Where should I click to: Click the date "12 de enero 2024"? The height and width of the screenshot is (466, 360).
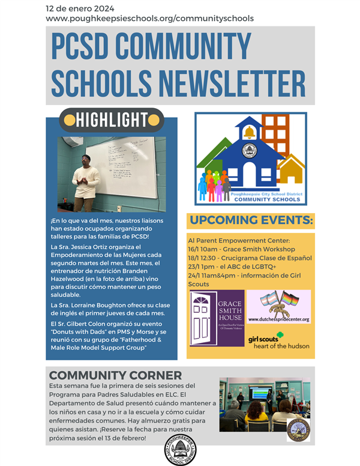pyautogui.click(x=80, y=8)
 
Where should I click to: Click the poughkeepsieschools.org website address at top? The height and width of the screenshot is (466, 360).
pyautogui.click(x=149, y=19)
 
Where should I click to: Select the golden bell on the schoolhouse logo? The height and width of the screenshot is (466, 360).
pyautogui.click(x=248, y=131)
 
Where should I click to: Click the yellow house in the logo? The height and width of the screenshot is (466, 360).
pyautogui.click(x=291, y=172)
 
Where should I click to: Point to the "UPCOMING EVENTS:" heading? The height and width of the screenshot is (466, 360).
pyautogui.click(x=250, y=220)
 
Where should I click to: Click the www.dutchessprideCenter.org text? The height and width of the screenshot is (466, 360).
pyautogui.click(x=278, y=319)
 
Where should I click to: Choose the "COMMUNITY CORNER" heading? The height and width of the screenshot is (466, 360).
pyautogui.click(x=115, y=375)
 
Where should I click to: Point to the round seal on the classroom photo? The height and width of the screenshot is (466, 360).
pyautogui.click(x=298, y=430)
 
